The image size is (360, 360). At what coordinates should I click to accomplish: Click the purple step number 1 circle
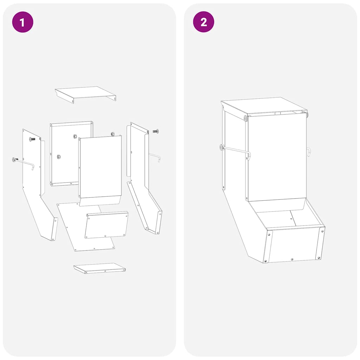coord(22,22)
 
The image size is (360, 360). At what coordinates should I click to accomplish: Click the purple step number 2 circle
coord(204,22)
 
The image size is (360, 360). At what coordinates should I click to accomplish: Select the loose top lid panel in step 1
coord(85,93)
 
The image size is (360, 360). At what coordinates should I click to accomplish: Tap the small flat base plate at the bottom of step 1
coord(99,268)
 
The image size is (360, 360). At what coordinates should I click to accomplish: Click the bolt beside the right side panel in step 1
coord(155,131)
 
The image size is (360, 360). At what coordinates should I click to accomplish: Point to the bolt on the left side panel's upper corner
coord(32,139)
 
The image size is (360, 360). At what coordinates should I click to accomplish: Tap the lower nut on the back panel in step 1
coord(59,157)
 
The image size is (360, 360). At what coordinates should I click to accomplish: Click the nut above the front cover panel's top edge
coord(113,134)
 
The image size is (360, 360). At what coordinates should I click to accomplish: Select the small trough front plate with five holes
coord(107,225)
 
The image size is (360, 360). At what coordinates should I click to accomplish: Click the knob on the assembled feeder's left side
coord(222,147)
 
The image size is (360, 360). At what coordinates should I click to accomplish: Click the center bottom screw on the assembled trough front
coord(292,259)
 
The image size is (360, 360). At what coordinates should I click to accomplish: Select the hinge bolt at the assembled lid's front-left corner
coord(245,118)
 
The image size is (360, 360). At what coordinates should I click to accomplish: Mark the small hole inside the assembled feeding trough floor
coord(291,219)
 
